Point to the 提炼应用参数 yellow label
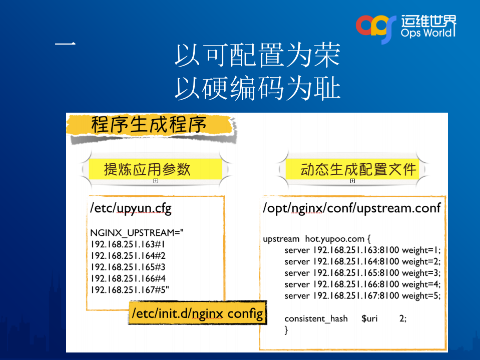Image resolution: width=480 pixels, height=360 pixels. tap(147, 169)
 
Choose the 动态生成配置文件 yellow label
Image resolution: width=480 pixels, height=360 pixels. tap(358, 169)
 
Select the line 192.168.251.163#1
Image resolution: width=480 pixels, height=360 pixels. tap(128, 245)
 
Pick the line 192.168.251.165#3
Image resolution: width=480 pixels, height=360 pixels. tap(128, 267)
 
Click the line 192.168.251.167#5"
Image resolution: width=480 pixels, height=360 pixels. tap(130, 290)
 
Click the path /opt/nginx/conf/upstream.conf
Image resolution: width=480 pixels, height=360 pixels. tap(352, 208)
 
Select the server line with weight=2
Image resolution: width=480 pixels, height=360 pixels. tap(362, 261)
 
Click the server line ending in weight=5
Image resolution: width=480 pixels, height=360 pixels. tap(362, 295)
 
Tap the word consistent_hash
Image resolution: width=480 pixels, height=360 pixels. tap(316, 318)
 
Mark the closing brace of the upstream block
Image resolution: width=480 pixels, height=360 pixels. tap(286, 329)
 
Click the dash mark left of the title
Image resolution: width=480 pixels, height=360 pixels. tap(65, 45)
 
